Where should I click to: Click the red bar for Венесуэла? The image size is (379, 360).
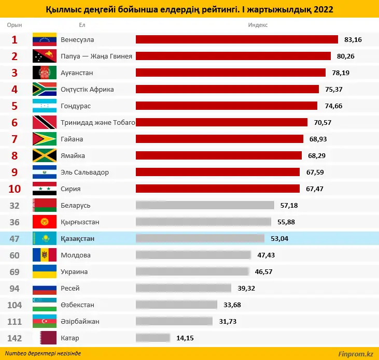coord(236,39)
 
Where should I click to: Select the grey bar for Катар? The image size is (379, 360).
coord(153,338)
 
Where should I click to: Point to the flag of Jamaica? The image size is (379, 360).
coord(44,155)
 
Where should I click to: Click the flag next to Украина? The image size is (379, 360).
coord(44,271)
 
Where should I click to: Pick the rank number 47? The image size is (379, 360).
coord(15,238)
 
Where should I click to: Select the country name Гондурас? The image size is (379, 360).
coord(76,106)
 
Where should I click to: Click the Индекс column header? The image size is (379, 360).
coord(258,25)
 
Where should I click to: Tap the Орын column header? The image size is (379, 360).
coord(15,25)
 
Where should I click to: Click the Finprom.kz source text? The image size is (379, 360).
coord(355,354)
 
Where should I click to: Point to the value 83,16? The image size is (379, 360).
coord(353,39)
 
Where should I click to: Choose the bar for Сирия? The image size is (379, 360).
coord(218,189)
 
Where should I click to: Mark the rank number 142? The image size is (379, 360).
coord(15,338)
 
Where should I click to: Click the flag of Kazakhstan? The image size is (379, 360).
coord(44,238)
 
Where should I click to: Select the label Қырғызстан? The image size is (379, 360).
coord(80,222)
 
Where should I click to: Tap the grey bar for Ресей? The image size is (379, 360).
coord(183,288)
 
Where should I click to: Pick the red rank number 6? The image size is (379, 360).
coord(15,122)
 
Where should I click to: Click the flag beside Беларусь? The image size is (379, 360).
coord(44,205)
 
